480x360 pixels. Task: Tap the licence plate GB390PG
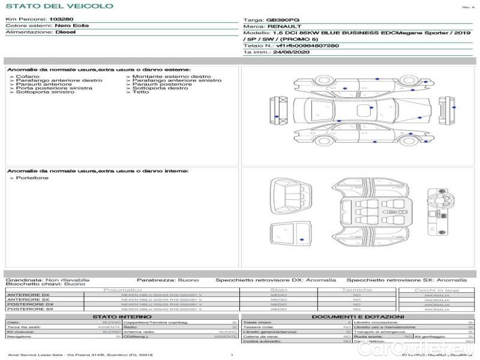pyautogui.click(x=283, y=20)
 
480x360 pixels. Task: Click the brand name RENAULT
pyautogui.click(x=280, y=27)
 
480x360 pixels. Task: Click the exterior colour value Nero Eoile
pyautogui.click(x=71, y=26)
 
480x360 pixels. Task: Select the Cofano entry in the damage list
pyautogui.click(x=28, y=77)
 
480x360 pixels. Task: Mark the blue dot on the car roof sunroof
pyautogui.click(x=371, y=107)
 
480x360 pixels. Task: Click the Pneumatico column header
pyautogui.click(x=122, y=290)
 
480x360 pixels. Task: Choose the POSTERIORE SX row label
pyautogui.click(x=29, y=309)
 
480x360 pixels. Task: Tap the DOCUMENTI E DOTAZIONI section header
pyautogui.click(x=358, y=316)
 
